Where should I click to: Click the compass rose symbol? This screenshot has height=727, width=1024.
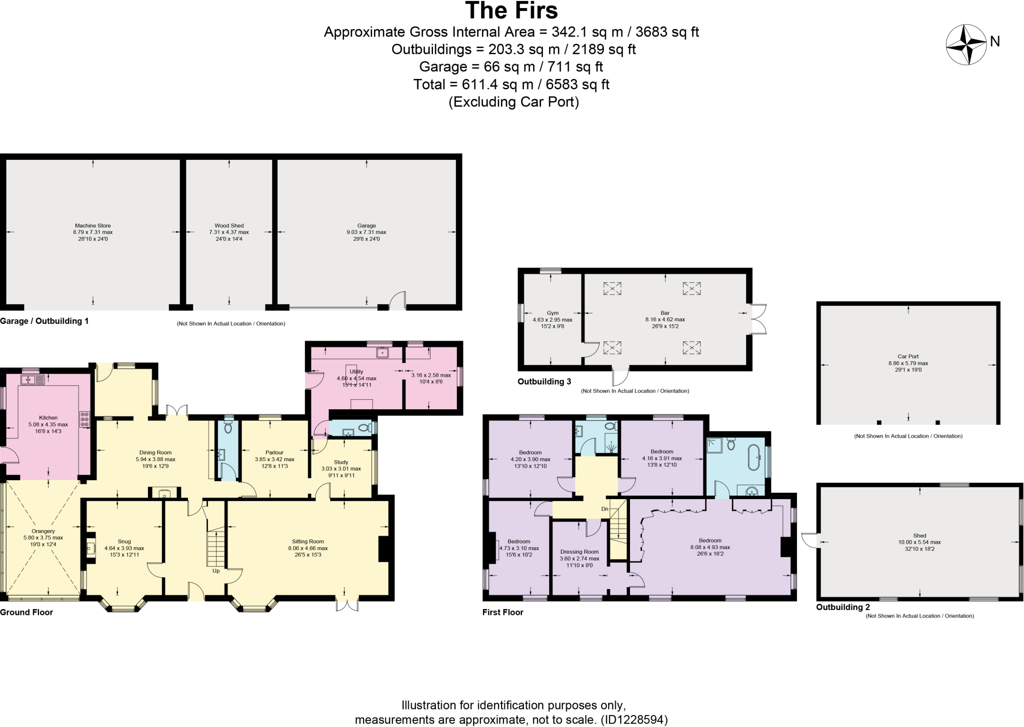[x=965, y=45]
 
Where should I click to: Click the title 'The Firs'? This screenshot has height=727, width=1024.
[x=511, y=10]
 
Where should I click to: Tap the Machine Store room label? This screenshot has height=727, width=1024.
[x=93, y=226]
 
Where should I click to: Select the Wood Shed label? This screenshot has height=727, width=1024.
[x=229, y=226]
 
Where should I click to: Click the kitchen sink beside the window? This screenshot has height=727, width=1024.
[x=33, y=380]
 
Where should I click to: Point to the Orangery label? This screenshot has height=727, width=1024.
[x=43, y=531]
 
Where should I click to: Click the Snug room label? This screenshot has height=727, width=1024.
[x=124, y=541]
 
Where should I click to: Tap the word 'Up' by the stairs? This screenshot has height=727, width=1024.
[x=216, y=571]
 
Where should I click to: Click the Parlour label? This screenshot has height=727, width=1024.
[x=274, y=452]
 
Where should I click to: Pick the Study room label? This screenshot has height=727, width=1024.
[x=341, y=462]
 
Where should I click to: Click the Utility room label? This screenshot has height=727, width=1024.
[x=356, y=371]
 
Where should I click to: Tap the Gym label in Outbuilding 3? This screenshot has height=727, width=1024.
[x=552, y=313]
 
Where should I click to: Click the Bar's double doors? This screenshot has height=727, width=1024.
[x=758, y=319]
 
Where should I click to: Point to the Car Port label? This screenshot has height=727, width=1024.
[x=908, y=357]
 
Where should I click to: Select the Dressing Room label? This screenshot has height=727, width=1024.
[x=579, y=552]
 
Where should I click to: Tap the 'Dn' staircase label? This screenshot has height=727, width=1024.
[x=605, y=509]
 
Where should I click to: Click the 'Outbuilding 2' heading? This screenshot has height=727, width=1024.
[x=843, y=607]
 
